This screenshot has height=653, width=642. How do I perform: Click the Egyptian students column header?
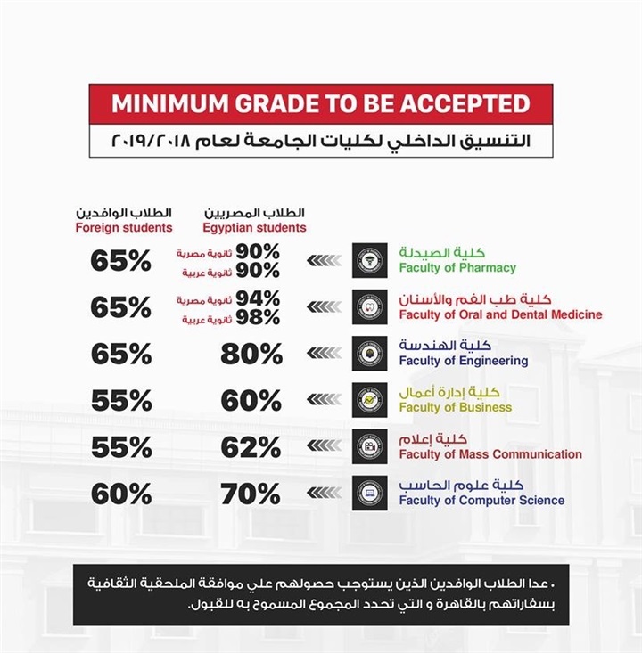[254, 227]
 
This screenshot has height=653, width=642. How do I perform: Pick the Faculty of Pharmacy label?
[457, 267]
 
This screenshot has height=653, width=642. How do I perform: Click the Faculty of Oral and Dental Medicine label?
[500, 314]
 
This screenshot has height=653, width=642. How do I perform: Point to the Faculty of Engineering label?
[463, 361]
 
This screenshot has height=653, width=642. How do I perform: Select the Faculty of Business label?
[455, 407]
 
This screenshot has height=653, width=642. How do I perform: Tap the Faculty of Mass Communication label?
[490, 454]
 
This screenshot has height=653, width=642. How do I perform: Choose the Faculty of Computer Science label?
[481, 501]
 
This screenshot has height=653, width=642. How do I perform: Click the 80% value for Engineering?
[251, 354]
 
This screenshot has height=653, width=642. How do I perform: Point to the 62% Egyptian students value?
[251, 447]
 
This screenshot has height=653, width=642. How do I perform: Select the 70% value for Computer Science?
[251, 494]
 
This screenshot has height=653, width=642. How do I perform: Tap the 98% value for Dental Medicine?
[257, 318]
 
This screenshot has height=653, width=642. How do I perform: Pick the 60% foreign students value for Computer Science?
[121, 494]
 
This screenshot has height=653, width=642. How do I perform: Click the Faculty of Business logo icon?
[369, 400]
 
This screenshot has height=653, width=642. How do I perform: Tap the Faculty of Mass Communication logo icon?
[369, 446]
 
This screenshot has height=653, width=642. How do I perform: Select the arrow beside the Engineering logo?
[324, 354]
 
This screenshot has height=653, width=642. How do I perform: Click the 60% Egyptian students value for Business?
[251, 401]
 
